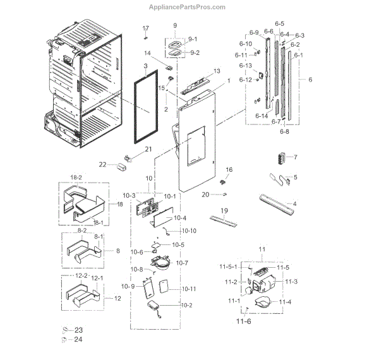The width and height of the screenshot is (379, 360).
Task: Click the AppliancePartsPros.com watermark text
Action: [x=187, y=7]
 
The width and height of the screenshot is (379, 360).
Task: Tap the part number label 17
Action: [x=145, y=28]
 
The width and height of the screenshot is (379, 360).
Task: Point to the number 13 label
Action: [x=216, y=71]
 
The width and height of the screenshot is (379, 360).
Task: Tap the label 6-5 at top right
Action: [x=279, y=25]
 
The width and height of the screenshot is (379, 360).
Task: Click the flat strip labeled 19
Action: [x=224, y=220]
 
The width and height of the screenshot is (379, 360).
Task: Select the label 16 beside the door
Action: [x=229, y=170]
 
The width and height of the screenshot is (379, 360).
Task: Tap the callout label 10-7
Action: [x=182, y=262]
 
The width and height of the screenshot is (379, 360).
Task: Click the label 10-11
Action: [x=189, y=289]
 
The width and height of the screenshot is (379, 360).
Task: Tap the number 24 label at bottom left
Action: [x=78, y=339]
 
